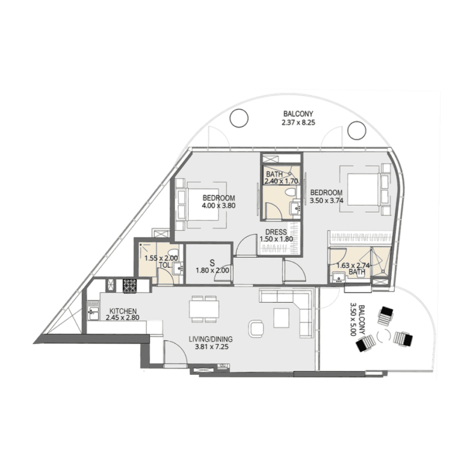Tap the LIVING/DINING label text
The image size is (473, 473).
(210, 339)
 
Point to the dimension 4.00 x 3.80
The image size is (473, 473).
(218, 206)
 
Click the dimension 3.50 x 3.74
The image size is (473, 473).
(326, 200)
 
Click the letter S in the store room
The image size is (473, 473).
(212, 262)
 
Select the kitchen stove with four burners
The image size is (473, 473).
(129, 285)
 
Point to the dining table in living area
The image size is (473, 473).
(204, 309)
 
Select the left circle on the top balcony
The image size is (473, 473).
(238, 119)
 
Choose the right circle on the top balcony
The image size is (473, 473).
(357, 129)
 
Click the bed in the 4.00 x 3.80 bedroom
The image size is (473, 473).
(201, 201)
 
